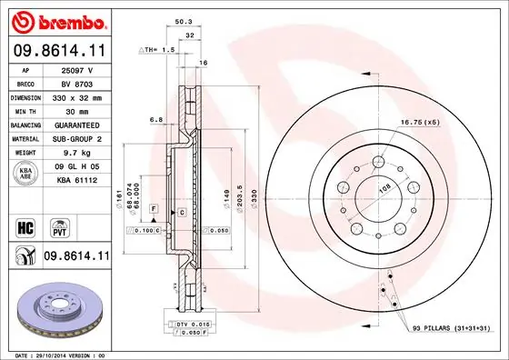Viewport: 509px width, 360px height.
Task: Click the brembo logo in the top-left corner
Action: [x=57, y=20]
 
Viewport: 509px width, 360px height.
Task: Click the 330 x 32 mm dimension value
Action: [x=76, y=95]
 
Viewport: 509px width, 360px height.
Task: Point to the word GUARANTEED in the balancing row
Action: [x=76, y=124]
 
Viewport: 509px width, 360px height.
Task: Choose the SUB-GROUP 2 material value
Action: [x=76, y=138]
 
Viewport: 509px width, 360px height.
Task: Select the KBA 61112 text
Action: [x=76, y=181]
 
